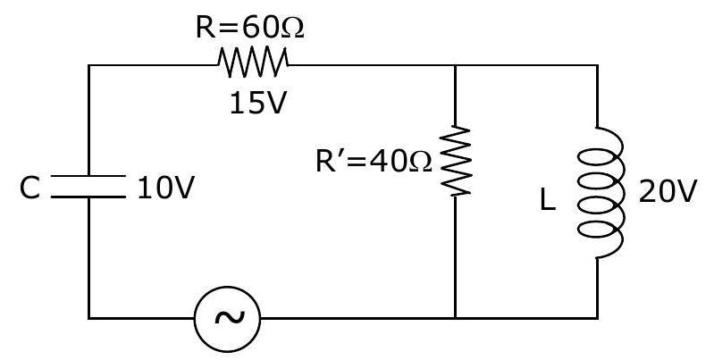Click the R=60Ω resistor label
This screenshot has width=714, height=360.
tap(249, 29)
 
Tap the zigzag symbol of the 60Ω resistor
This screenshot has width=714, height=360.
tap(253, 63)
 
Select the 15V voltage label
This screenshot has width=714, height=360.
tap(257, 104)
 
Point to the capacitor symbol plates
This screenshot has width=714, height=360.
tap(88, 187)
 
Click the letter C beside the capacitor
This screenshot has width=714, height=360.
tap(29, 188)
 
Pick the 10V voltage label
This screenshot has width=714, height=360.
tap(165, 188)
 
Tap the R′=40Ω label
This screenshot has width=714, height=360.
tap(374, 162)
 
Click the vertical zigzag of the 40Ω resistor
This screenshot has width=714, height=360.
tap(455, 161)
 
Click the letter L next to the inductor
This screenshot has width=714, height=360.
tap(547, 200)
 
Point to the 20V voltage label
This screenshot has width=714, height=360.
tap(668, 192)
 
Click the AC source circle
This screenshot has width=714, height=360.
tap(227, 319)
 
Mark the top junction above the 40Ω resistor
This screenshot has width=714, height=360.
tap(455, 65)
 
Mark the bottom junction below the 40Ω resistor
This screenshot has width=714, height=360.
tap(455, 318)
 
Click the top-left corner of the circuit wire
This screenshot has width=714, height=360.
tap(88, 65)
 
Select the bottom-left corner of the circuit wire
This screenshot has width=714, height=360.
tap(88, 318)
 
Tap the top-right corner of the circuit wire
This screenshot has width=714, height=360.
tap(597, 65)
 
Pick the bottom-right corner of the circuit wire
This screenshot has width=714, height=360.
tap(597, 318)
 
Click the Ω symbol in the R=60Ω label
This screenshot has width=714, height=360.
tap(292, 29)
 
